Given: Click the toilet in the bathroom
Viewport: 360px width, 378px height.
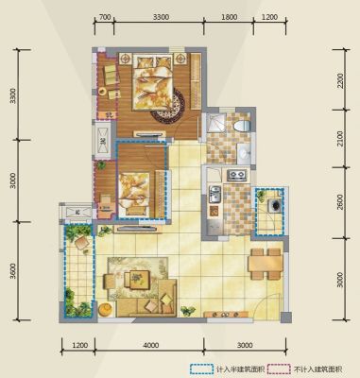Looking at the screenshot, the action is [242, 125].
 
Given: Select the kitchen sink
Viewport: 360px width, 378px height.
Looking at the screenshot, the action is [214, 195].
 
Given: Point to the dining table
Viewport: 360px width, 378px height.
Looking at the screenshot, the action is [266, 263].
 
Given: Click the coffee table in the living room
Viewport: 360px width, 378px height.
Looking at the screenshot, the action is [137, 279].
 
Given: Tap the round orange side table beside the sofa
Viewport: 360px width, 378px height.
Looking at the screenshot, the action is [105, 309].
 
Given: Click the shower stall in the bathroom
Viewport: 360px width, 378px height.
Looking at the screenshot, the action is [215, 123].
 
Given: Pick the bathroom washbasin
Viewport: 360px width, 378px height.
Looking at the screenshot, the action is [244, 153].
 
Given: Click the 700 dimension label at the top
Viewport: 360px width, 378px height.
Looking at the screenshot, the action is [105, 17].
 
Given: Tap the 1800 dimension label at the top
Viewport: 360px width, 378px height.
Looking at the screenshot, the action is [230, 17].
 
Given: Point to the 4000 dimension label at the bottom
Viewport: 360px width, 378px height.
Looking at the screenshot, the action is [151, 346].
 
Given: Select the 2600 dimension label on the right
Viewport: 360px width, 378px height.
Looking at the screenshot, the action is [340, 202].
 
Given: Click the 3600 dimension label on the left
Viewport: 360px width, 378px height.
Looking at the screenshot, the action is [12, 271].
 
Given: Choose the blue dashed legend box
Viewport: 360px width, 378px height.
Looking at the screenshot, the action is [200, 369].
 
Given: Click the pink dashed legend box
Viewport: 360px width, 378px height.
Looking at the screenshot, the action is [279, 369].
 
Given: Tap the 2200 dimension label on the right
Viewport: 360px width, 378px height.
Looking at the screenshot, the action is [340, 81].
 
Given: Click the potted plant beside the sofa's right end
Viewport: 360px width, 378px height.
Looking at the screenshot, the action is [187, 311].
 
